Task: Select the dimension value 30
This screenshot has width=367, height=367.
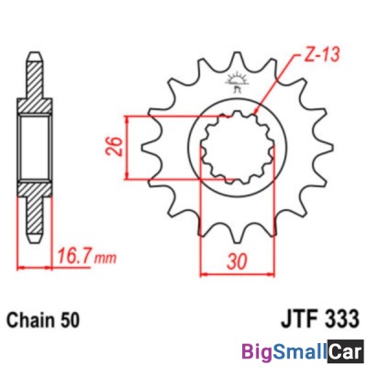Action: [x=237, y=261]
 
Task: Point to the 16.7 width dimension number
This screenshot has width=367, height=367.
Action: [x=74, y=256]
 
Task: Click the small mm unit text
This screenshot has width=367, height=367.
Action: [x=106, y=259]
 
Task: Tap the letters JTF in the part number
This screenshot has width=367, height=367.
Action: [x=298, y=319]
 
